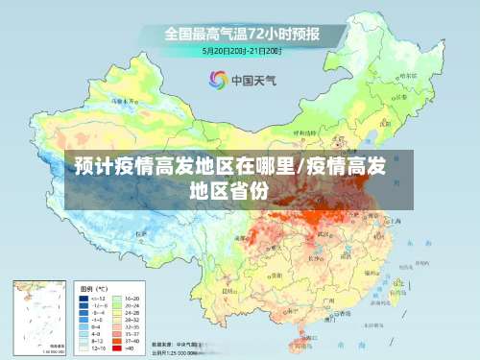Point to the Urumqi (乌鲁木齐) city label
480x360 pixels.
click(x=122, y=100)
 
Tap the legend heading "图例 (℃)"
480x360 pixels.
click(x=93, y=288)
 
